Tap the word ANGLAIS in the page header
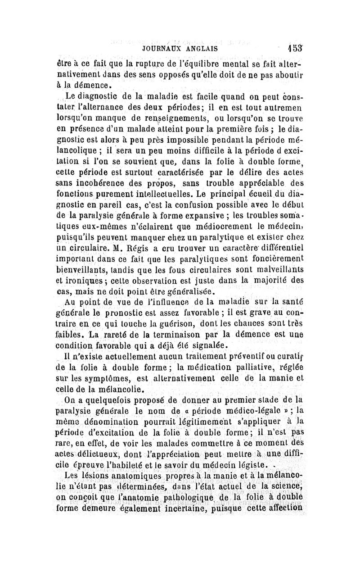[201, 47]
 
